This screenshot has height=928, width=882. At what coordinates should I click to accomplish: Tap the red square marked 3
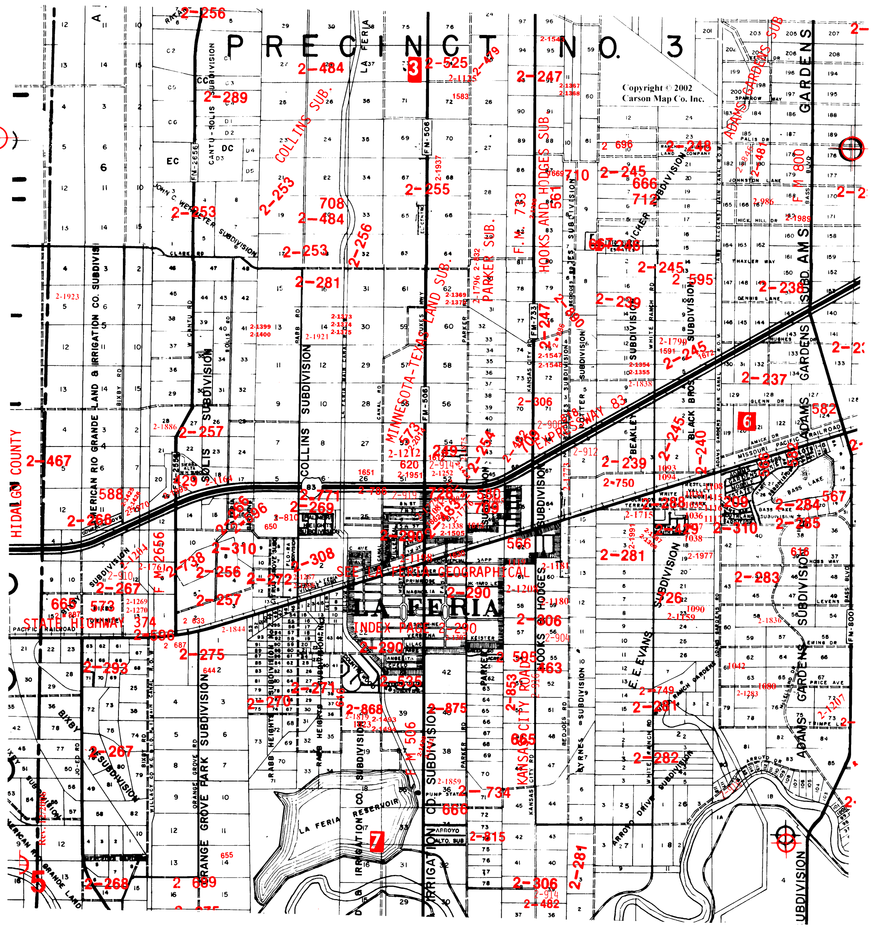pyautogui.click(x=414, y=69)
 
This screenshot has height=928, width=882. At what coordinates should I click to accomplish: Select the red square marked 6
pyautogui.click(x=747, y=421)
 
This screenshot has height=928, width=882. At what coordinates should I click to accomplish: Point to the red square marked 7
pyautogui.click(x=377, y=840)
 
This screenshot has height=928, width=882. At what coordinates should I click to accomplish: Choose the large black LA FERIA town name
pyautogui.click(x=425, y=609)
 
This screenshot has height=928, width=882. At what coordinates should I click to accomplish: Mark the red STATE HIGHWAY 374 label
pyautogui.click(x=89, y=623)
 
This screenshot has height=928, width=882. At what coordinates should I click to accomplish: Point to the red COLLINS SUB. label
pyautogui.click(x=303, y=124)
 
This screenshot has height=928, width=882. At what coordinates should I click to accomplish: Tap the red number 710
pyautogui.click(x=576, y=176)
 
